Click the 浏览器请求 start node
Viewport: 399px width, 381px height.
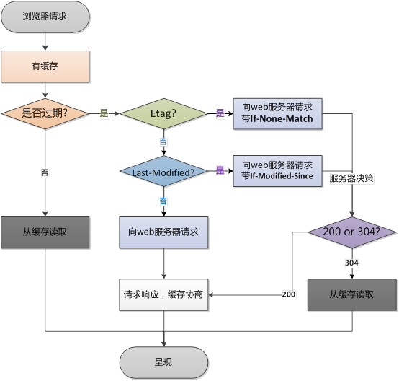[45, 17]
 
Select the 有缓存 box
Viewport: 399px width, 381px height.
[45, 66]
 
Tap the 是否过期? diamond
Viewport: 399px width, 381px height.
[45, 113]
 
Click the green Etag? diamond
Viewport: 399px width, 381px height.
[163, 113]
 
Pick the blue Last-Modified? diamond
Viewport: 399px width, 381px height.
[163, 171]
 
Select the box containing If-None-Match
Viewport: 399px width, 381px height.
[277, 114]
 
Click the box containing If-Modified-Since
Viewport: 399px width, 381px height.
[277, 171]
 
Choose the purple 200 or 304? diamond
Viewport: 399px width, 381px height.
[352, 232]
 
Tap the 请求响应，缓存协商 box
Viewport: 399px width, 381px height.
[163, 295]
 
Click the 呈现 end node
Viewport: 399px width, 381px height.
[163, 362]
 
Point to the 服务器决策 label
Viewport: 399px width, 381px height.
[351, 178]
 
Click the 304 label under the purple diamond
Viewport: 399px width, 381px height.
[351, 263]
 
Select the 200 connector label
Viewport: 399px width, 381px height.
[289, 294]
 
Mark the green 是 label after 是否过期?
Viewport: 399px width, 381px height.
[104, 113]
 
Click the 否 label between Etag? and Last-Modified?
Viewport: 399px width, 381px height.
[163, 141]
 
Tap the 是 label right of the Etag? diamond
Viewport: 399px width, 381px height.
[220, 113]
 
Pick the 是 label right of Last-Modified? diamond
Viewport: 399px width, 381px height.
[220, 170]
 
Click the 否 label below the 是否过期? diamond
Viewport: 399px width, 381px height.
[45, 172]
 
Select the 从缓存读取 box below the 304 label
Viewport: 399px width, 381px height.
[352, 295]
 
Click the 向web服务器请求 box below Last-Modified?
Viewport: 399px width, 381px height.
[163, 232]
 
